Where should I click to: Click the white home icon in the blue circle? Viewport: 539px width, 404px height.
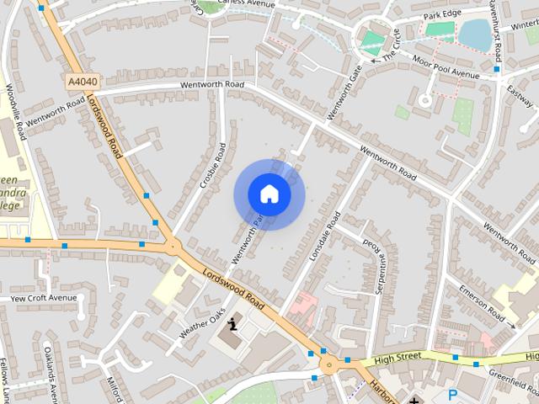click(269, 194)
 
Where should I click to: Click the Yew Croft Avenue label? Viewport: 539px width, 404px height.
click(43, 298)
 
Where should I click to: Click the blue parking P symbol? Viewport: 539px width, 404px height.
click(453, 394)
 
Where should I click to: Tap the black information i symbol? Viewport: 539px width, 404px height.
click(233, 320)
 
